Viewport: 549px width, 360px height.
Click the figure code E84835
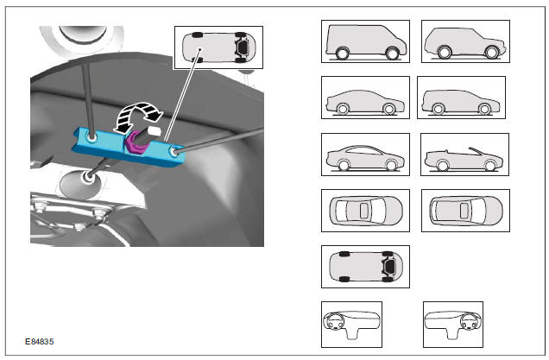[39, 342]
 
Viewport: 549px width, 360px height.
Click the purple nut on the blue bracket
[136, 144]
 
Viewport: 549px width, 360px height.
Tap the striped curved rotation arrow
[138, 117]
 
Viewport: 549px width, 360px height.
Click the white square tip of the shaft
[154, 133]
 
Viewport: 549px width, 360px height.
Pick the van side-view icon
[365, 41]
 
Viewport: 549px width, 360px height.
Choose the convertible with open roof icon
[464, 155]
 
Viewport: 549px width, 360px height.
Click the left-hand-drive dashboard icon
[351, 325]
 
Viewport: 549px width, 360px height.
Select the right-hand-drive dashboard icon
[453, 325]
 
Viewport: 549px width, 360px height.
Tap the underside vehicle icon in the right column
[365, 267]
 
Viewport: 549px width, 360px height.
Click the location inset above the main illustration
[218, 47]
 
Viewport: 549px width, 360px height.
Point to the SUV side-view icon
[465, 41]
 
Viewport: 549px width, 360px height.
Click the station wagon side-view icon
[461, 98]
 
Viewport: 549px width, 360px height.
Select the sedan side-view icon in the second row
[365, 98]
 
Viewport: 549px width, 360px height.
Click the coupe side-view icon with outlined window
[365, 155]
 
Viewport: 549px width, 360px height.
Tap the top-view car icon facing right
[365, 211]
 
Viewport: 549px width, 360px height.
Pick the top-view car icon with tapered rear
[465, 211]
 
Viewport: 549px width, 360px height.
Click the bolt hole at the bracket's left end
[92, 137]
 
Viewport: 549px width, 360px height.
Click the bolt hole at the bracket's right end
[174, 152]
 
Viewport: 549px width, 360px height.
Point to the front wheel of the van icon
[392, 54]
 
